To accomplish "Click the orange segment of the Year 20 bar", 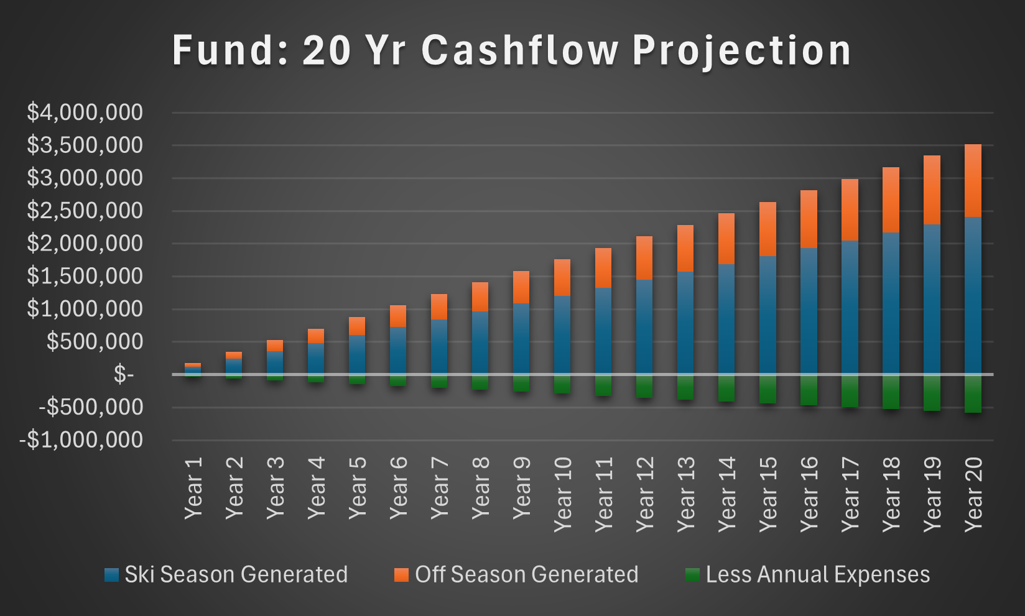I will coord(973,180).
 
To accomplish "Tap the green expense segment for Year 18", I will coord(891,392).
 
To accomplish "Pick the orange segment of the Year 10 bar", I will coord(562,277).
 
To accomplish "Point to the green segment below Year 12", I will coord(644,386).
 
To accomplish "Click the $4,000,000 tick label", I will coord(85,113).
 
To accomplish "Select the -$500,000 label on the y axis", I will coord(91,407).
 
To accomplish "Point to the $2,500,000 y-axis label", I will coord(85,211).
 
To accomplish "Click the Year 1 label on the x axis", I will coord(193,488).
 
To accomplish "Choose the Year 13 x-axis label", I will coord(686,494).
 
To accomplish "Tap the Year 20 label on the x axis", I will coord(973,494).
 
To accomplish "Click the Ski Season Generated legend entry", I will coord(236,574).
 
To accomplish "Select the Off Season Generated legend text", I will coord(526,574).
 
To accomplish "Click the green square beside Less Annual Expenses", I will coord(692,574).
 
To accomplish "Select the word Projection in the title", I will coord(741,51).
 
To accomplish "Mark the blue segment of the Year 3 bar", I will coord(275,363).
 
